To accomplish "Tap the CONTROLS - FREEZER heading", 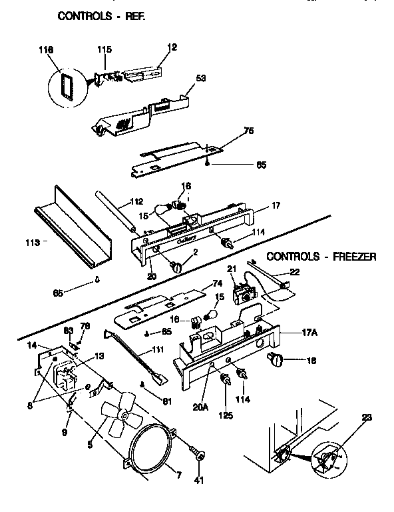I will pos(321,255).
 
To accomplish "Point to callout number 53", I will pos(200,78).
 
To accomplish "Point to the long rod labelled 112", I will pos(119,211).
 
